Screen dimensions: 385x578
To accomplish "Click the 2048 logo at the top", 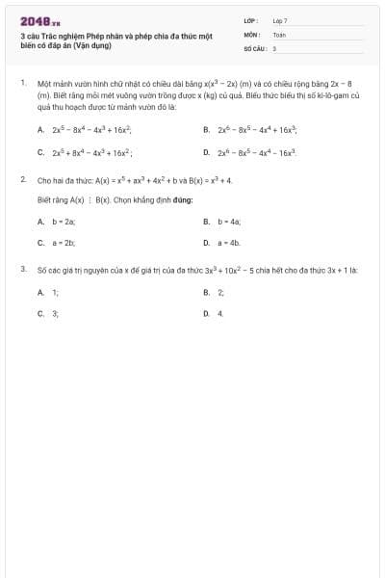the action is click(x=39, y=20).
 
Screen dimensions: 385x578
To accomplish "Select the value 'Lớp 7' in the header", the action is click(x=280, y=20).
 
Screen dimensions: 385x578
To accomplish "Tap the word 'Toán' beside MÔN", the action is click(x=279, y=34).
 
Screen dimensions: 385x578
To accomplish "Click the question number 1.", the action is click(x=22, y=84).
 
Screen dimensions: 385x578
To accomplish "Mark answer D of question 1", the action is click(x=251, y=152).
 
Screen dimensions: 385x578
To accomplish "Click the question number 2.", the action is click(x=22, y=179).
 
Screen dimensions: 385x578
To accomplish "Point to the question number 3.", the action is click(x=22, y=270).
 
